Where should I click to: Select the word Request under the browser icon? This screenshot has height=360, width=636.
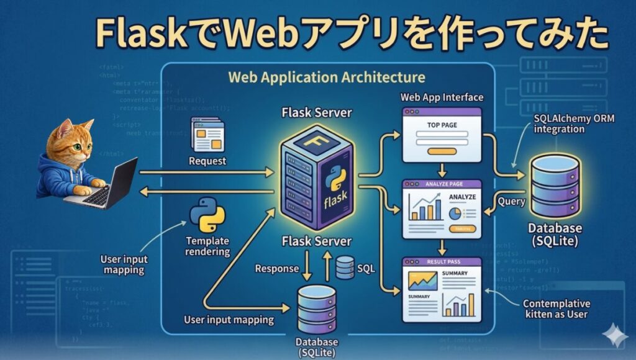point(208,161)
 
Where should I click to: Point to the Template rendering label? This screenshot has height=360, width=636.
point(207,246)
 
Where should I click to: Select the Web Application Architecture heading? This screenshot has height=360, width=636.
point(326,78)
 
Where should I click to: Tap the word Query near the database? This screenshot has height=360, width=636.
point(512,202)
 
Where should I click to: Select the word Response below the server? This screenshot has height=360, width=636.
point(276,269)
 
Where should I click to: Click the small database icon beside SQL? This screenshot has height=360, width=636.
point(345,268)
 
